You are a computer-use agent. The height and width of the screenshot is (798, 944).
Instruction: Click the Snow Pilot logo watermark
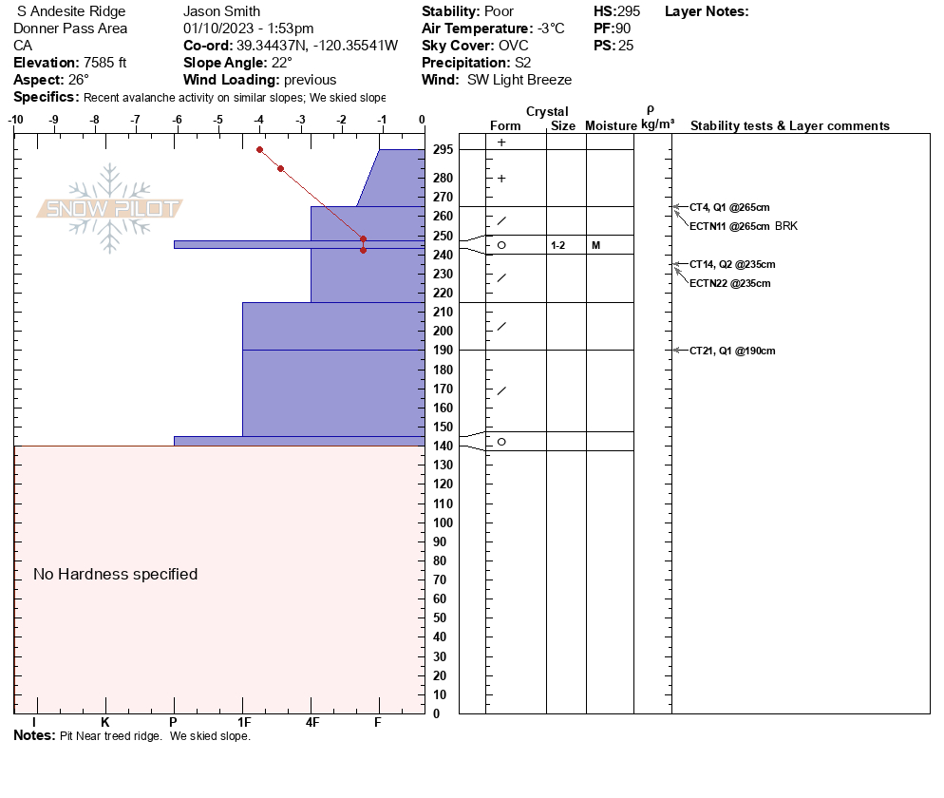(110, 209)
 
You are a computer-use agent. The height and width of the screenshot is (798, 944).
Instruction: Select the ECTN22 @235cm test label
(729, 283)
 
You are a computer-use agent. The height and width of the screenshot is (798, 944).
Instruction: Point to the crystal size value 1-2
(558, 245)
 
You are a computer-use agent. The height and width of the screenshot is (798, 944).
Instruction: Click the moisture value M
(595, 245)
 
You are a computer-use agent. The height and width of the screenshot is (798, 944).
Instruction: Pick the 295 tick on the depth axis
(443, 149)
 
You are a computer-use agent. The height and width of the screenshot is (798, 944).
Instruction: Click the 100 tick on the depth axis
(443, 522)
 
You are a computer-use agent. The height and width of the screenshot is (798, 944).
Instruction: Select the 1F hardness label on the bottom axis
(243, 723)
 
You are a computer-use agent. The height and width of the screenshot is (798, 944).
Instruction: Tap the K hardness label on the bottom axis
(104, 723)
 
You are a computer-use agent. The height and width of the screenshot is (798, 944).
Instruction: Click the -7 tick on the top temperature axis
(135, 120)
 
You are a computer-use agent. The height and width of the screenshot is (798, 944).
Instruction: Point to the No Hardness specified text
(116, 574)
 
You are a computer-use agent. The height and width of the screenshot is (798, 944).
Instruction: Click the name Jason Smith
(221, 11)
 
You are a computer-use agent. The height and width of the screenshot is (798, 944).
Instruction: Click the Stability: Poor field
(467, 11)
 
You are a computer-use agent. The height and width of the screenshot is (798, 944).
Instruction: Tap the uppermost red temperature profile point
(259, 149)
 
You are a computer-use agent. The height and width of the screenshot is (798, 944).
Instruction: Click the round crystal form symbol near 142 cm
(501, 442)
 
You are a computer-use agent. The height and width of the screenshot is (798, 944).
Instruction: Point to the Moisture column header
(611, 126)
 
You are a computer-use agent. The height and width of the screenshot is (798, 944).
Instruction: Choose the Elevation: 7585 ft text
(70, 63)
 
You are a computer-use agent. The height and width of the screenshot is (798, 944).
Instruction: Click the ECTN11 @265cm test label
(729, 226)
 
